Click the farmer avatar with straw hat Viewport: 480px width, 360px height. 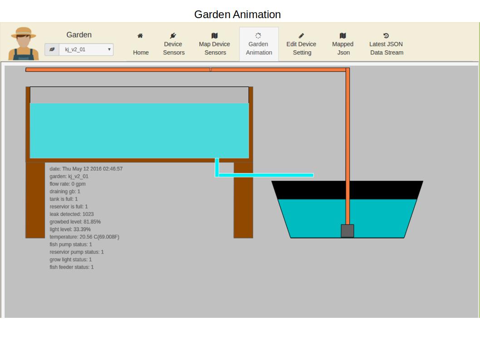click(x=24, y=44)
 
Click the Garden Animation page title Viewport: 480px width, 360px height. click(x=237, y=15)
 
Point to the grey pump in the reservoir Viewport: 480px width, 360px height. click(x=348, y=231)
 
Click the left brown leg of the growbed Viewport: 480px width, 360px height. click(x=35, y=199)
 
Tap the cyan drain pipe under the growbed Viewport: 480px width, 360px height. click(x=265, y=175)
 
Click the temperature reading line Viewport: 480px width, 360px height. click(x=84, y=237)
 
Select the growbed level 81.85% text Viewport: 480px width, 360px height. click(x=75, y=222)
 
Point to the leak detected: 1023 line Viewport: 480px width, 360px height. click(x=72, y=214)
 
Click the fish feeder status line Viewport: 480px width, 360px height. click(x=72, y=267)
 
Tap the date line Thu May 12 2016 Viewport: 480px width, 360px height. click(x=86, y=169)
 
